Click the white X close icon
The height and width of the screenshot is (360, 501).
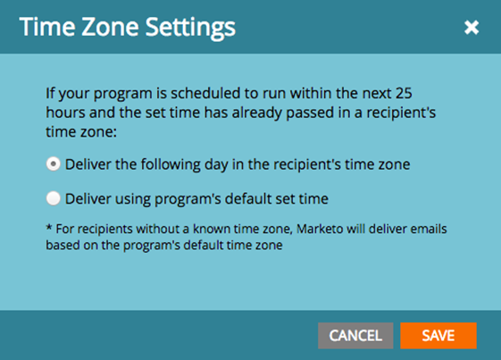point(472,27)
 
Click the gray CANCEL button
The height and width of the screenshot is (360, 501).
point(355,335)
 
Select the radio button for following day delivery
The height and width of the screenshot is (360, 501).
point(53,164)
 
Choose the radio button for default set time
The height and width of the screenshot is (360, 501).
point(53,198)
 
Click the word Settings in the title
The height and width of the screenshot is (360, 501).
point(190,29)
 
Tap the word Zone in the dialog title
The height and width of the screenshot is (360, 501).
point(110,27)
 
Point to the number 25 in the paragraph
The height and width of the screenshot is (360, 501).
point(404,94)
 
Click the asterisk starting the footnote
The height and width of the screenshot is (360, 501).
point(49,227)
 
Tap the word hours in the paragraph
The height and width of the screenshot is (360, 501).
point(65,113)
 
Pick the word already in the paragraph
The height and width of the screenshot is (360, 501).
point(257,113)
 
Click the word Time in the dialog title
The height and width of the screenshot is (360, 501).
point(47,27)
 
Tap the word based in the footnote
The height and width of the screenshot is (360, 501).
point(63,245)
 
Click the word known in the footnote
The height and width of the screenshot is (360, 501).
point(211,229)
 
